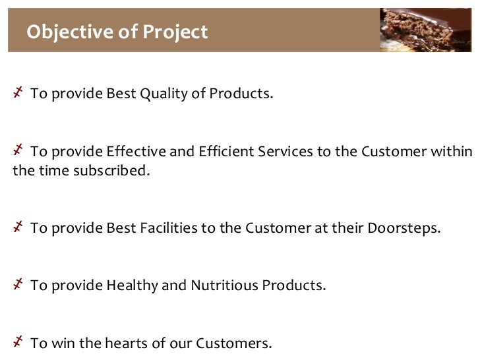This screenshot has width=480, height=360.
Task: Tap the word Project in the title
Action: pos(179,32)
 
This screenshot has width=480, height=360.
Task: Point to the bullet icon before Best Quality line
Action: pos(18,92)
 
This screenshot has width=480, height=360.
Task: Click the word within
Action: pos(456,152)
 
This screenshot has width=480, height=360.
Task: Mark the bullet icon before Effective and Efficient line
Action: pos(18,151)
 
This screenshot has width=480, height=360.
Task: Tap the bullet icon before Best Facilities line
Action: pos(18,227)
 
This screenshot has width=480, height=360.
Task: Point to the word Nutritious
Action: pos(224,286)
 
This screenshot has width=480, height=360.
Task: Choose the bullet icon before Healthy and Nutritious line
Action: pos(18,285)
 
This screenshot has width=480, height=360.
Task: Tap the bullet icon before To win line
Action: pos(18,342)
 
